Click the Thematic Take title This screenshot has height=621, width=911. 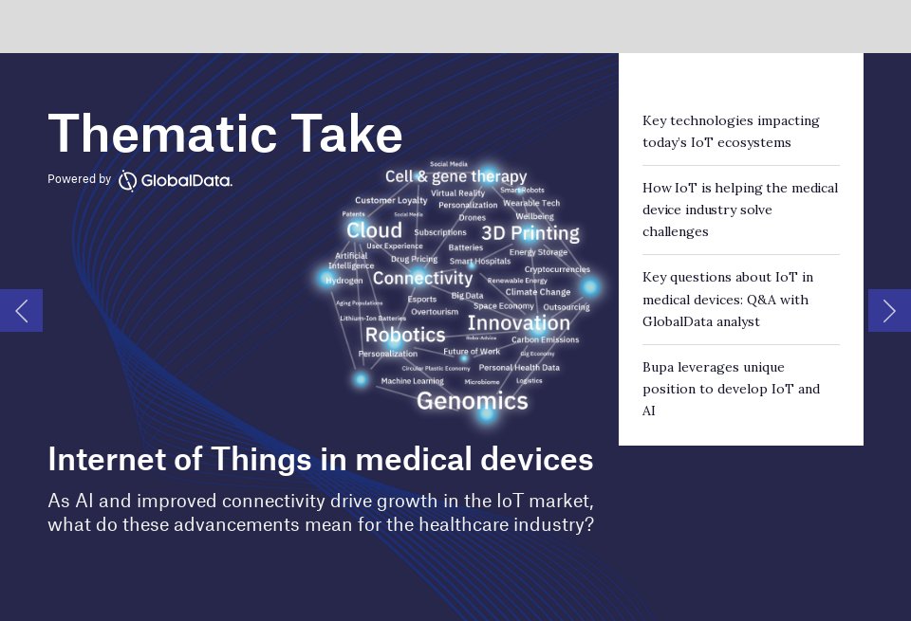click(x=225, y=134)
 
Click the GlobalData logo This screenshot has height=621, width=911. click(x=176, y=180)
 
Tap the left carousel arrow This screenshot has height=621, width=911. click(x=21, y=310)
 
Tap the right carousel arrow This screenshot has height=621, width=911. click(x=889, y=310)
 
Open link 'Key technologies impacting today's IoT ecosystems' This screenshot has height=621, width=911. click(x=731, y=132)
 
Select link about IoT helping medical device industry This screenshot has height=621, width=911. click(x=740, y=210)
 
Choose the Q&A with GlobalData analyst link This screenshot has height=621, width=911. click(x=728, y=300)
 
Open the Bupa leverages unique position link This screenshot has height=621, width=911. click(x=731, y=389)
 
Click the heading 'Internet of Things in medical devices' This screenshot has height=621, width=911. click(x=320, y=459)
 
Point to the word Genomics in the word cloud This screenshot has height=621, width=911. click(x=472, y=401)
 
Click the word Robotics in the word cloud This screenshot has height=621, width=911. click(x=404, y=335)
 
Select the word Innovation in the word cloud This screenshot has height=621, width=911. click(x=518, y=322)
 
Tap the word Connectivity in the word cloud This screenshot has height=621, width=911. click(x=422, y=278)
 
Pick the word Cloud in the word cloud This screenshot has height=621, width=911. click(x=374, y=230)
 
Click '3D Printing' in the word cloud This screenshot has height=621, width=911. click(x=530, y=233)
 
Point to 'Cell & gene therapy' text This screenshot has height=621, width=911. click(x=455, y=176)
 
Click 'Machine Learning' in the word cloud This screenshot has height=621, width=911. click(x=412, y=381)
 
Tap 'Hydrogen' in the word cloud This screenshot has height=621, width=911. click(x=344, y=281)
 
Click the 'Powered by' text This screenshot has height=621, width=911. click(x=79, y=179)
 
